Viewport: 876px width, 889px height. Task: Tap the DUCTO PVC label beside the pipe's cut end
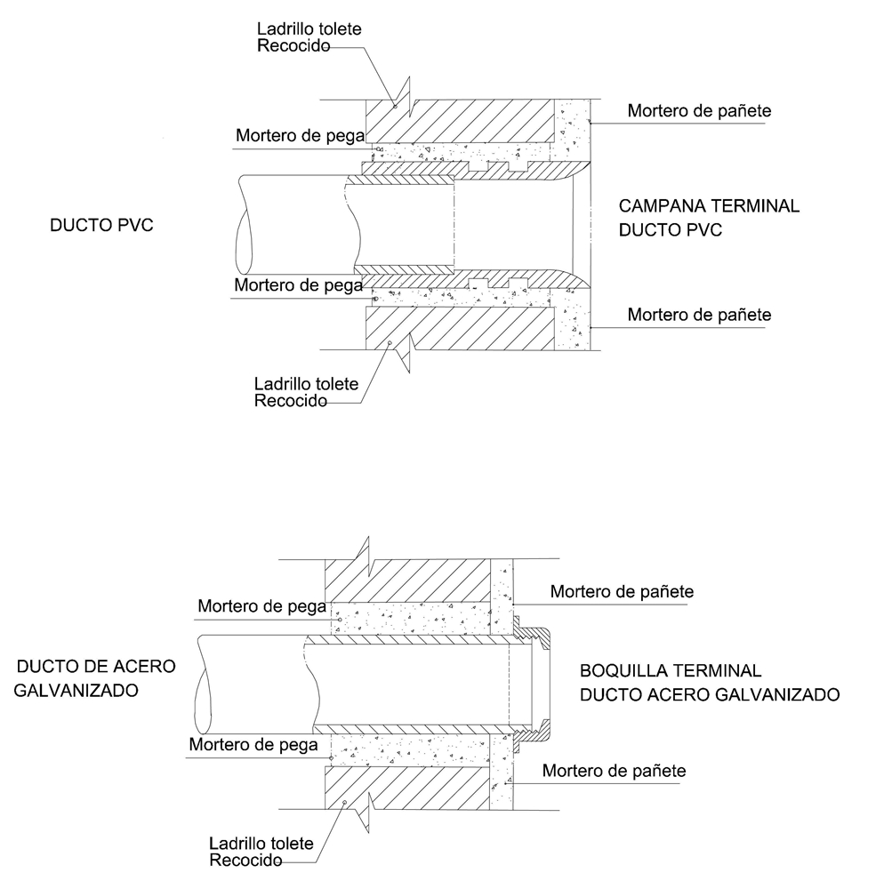pyautogui.click(x=101, y=226)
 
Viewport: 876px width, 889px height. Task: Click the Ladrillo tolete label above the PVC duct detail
pyautogui.click(x=309, y=37)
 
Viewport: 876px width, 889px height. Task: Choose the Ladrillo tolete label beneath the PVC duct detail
pyautogui.click(x=306, y=392)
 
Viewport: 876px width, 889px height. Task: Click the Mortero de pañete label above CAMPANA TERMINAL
pyautogui.click(x=699, y=112)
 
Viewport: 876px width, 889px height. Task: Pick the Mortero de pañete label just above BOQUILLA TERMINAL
pyautogui.click(x=622, y=591)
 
